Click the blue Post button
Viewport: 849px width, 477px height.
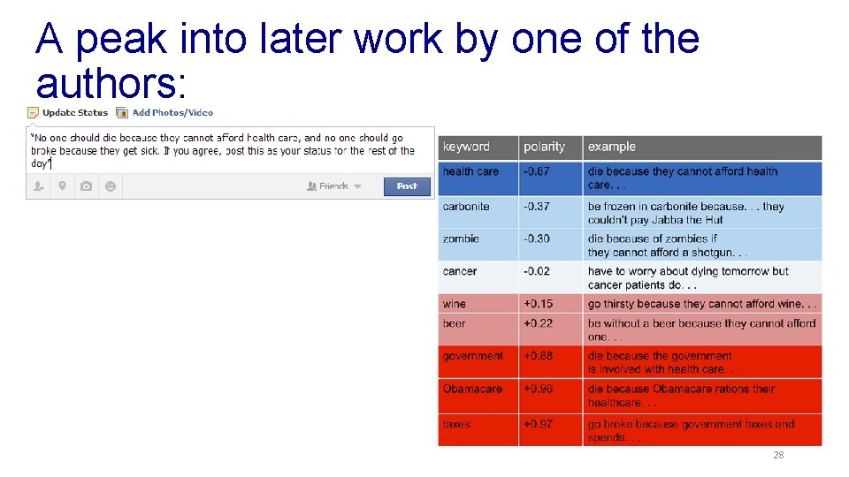tap(407, 186)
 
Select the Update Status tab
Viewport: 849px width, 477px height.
tap(68, 113)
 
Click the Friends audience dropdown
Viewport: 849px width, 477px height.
tap(334, 186)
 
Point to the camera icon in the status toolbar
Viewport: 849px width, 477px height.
tap(86, 186)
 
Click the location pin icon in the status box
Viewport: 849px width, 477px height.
tap(62, 186)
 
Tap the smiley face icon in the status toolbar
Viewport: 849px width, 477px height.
tap(110, 186)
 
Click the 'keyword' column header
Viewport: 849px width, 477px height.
tap(466, 148)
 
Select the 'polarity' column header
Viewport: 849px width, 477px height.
tap(544, 148)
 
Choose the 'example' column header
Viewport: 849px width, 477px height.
tap(612, 148)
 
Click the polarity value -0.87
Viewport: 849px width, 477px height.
tap(537, 171)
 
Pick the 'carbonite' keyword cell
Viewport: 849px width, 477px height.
tap(466, 207)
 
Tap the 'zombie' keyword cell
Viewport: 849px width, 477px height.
tap(461, 238)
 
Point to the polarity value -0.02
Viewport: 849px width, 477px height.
tap(537, 271)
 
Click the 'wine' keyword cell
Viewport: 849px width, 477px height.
tap(455, 304)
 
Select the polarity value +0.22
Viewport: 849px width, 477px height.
tap(538, 323)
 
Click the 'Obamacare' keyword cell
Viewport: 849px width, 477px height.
tap(472, 389)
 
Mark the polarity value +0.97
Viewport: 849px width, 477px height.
tap(538, 424)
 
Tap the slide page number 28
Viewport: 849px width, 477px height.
tap(778, 456)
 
